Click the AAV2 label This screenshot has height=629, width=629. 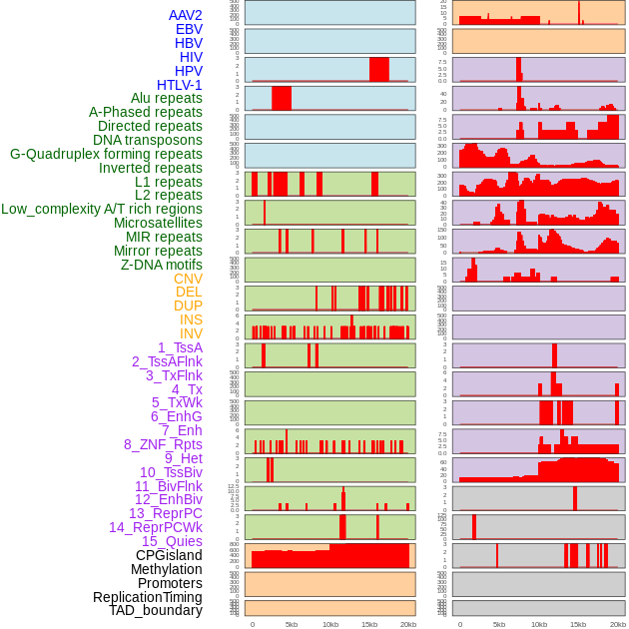click(186, 15)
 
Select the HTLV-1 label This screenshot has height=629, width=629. click(180, 85)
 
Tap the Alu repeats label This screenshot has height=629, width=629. click(167, 99)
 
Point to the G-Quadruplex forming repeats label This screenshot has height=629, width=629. click(106, 154)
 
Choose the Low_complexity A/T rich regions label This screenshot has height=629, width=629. click(102, 209)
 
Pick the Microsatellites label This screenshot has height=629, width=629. click(158, 223)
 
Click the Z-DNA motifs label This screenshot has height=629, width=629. click(162, 265)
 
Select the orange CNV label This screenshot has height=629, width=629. click(188, 279)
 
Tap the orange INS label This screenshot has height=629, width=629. click(191, 319)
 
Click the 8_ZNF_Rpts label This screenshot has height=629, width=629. click(163, 444)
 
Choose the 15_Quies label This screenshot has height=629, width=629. click(172, 541)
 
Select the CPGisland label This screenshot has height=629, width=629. click(169, 555)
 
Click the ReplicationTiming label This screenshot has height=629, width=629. click(148, 597)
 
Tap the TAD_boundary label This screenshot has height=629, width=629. click(156, 610)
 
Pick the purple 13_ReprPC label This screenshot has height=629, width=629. click(166, 513)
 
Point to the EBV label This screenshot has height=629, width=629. click(189, 29)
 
